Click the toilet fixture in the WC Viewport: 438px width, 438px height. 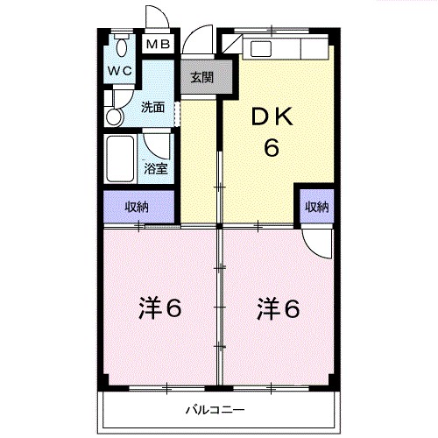[121, 46]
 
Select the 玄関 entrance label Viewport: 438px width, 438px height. [202, 76]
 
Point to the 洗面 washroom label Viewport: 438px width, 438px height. [153, 108]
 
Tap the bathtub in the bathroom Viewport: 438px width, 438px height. [120, 157]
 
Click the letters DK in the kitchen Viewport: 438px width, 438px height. [272, 117]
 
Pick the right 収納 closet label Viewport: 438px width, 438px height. [316, 207]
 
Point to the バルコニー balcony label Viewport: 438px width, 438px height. [215, 408]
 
